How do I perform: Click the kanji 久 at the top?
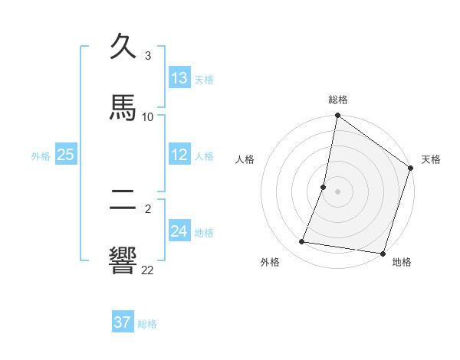point(123,48)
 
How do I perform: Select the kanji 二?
point(123,200)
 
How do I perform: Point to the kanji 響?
point(123,259)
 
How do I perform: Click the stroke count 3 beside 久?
point(148,56)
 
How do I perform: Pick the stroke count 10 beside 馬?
point(148,116)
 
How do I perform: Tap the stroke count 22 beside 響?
point(147,270)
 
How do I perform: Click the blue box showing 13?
point(179,78)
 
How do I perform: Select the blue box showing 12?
point(179,155)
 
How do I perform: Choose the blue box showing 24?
point(179,231)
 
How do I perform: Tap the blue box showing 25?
point(66,155)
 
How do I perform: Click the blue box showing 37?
point(123,322)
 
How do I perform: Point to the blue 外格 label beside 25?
point(41,156)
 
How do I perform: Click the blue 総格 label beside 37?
point(147,324)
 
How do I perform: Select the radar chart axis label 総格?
point(338,100)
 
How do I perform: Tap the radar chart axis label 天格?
point(431,159)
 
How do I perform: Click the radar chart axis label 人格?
point(245,159)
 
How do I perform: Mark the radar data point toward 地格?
point(383,254)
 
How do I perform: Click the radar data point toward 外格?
point(302,242)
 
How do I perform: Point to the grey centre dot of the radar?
point(337,191)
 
